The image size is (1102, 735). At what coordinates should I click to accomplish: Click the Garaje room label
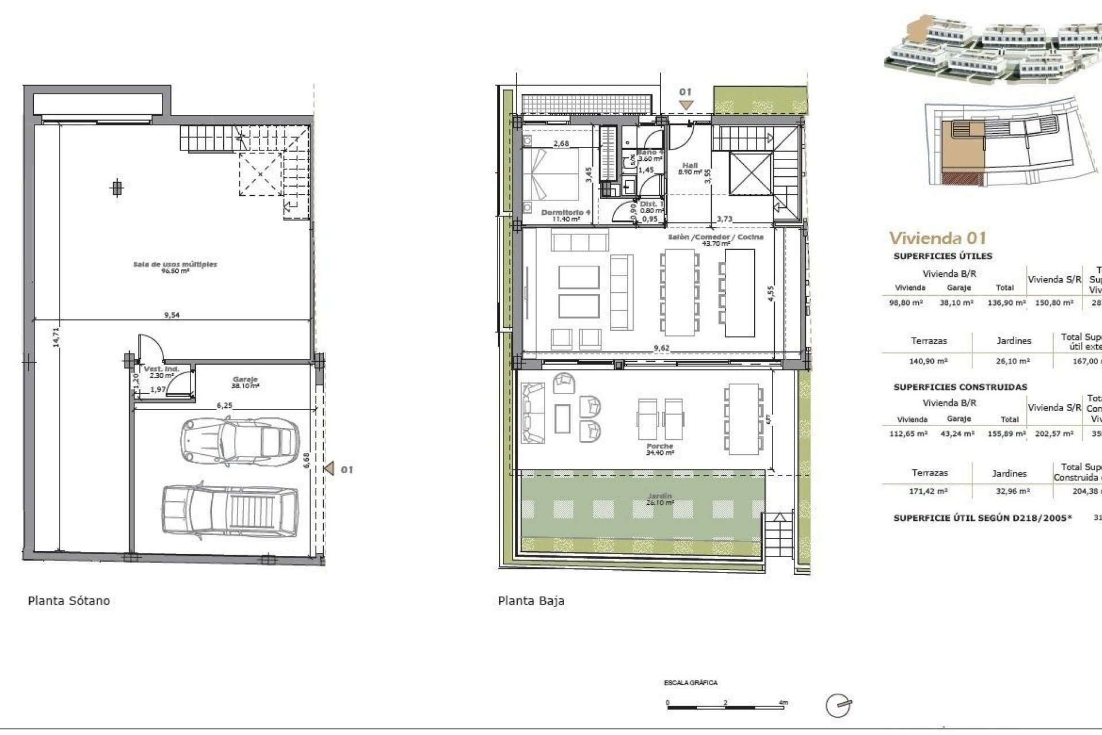click(245, 380)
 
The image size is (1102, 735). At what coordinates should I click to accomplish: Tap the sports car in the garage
click(240, 442)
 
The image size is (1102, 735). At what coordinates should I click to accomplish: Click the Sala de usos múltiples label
click(175, 265)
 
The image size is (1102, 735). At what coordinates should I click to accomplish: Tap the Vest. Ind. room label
click(161, 369)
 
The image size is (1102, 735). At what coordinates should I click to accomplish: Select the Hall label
click(690, 165)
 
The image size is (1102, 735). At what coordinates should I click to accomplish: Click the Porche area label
click(659, 446)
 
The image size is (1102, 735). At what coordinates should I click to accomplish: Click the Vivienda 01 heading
click(937, 238)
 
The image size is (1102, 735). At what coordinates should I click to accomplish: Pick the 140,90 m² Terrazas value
click(929, 361)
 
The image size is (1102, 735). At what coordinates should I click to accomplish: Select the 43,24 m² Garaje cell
click(959, 434)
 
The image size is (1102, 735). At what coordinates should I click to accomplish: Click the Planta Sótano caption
click(69, 601)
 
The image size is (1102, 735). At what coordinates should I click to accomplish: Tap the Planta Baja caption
click(531, 601)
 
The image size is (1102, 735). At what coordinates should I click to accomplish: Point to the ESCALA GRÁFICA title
click(690, 683)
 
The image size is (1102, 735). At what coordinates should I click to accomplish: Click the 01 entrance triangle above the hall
click(686, 105)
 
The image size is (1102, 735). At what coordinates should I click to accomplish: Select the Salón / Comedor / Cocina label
click(716, 237)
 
